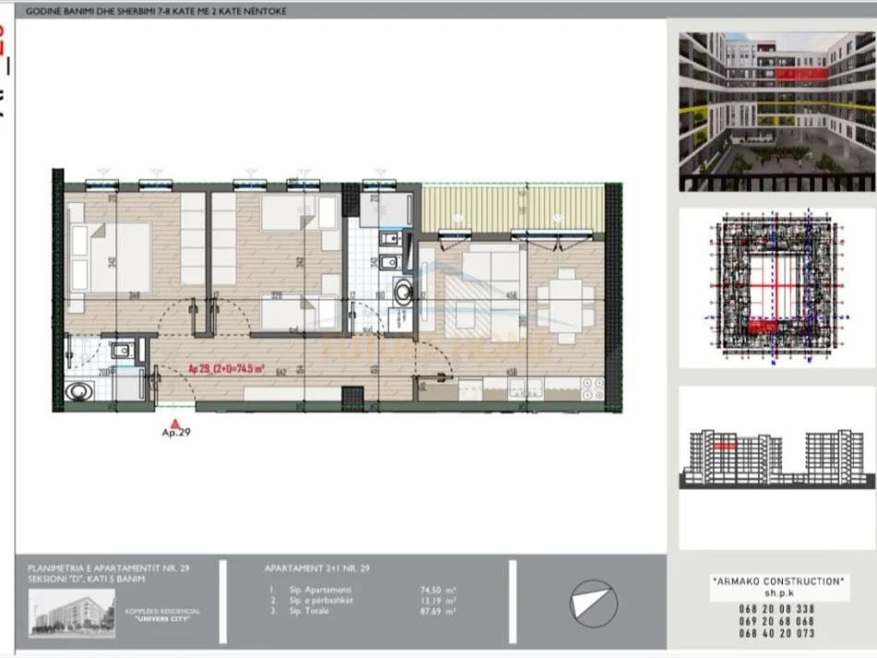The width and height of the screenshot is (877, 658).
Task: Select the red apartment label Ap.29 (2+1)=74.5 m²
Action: pyautogui.click(x=226, y=368)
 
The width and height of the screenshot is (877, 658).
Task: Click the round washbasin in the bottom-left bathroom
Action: pyautogui.click(x=79, y=391)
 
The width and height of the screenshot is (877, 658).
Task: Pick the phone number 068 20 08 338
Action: pyautogui.click(x=777, y=609)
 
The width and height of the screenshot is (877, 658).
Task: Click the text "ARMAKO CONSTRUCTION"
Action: pyautogui.click(x=777, y=581)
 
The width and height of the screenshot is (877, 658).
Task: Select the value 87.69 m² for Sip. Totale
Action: pyautogui.click(x=438, y=611)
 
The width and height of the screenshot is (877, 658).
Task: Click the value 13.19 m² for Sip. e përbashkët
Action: pyautogui.click(x=438, y=600)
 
